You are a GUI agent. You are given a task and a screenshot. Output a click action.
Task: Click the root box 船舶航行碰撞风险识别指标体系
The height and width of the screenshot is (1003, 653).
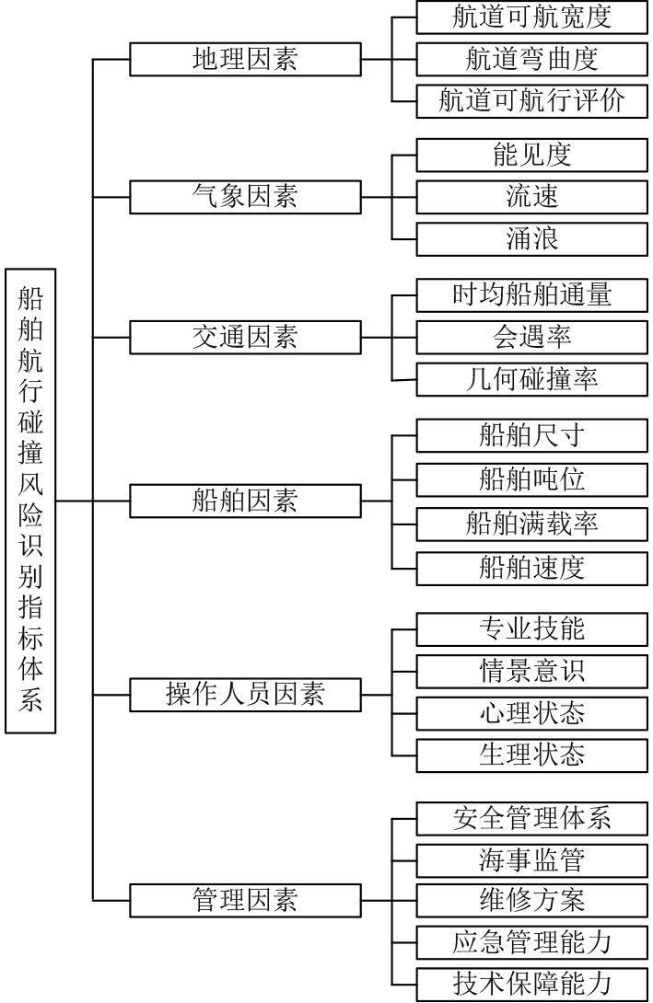[30, 501]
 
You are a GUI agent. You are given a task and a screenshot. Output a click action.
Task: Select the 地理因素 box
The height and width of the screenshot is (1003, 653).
[245, 60]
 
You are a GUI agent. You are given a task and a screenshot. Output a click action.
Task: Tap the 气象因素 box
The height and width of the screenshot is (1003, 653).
[245, 197]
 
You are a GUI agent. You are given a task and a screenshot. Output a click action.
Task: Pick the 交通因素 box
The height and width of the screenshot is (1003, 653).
[245, 337]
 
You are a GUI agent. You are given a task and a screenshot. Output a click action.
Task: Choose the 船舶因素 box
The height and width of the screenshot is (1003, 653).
[245, 501]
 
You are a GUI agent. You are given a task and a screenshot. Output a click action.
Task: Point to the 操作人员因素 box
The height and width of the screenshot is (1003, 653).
[245, 694]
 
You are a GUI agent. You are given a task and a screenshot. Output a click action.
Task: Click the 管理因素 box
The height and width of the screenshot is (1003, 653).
[245, 898]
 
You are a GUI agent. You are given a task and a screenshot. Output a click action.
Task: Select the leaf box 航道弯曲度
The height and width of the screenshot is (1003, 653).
[532, 60]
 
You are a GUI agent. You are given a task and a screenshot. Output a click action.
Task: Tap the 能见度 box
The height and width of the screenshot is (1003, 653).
[532, 155]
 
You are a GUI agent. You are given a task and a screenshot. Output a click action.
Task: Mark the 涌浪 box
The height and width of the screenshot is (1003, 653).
[532, 239]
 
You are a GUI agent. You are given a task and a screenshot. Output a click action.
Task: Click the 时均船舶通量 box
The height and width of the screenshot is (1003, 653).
[532, 294]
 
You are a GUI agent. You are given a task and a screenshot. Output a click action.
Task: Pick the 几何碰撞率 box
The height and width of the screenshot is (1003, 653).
[532, 379]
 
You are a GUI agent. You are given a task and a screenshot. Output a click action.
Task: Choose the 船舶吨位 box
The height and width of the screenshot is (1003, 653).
[532, 479]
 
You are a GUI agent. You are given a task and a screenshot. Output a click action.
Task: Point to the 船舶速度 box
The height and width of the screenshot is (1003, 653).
[532, 566]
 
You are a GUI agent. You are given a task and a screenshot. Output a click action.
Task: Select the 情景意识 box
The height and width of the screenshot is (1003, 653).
[532, 670]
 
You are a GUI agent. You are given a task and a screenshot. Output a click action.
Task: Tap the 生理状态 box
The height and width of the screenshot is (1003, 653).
[532, 755]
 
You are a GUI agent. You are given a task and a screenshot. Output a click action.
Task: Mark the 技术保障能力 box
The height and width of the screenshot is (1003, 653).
[532, 983]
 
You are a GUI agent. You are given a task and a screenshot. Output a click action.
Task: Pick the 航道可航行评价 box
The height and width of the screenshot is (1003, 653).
[532, 100]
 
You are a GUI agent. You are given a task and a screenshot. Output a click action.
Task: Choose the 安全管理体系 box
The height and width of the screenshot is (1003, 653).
[532, 816]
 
